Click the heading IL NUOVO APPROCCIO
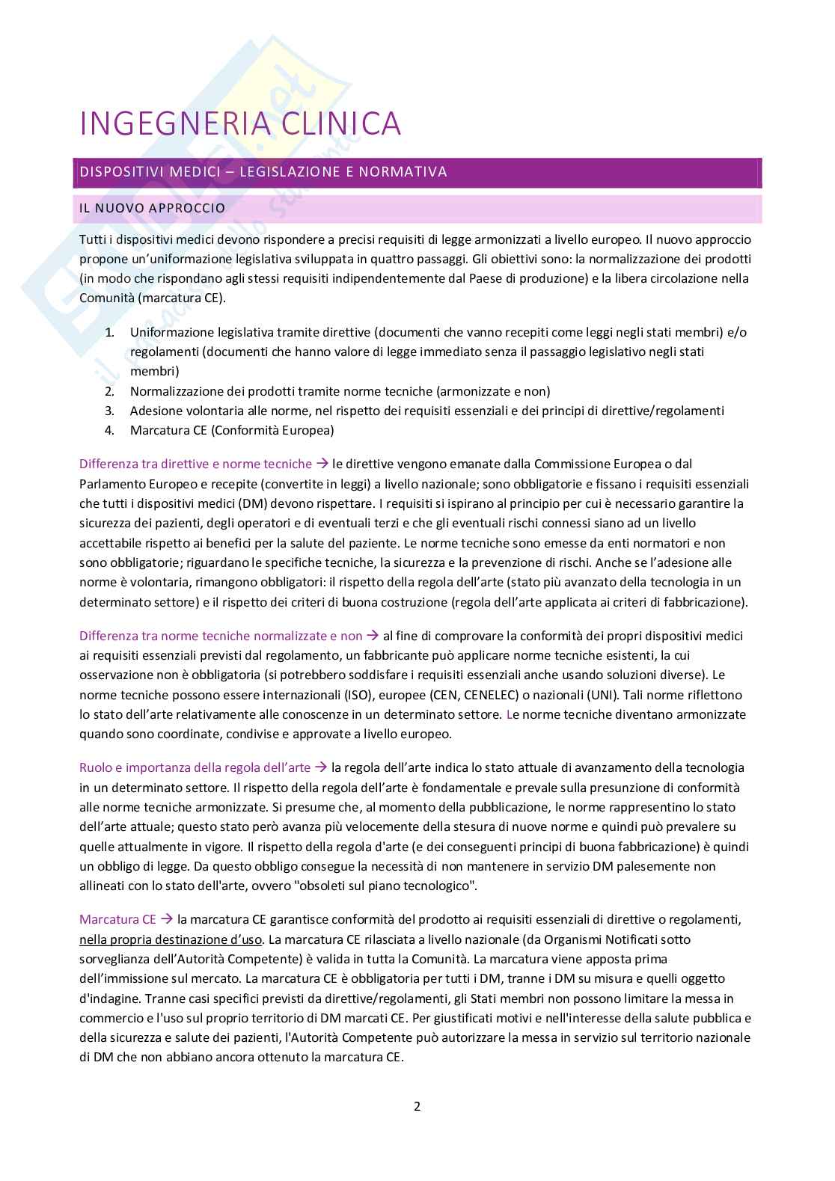(152, 208)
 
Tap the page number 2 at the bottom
(417, 1106)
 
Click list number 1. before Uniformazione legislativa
(109, 332)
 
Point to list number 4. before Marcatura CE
(109, 430)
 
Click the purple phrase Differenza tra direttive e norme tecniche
(195, 464)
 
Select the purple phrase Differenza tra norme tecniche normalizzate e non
(221, 636)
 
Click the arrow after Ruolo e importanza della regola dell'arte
(321, 767)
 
